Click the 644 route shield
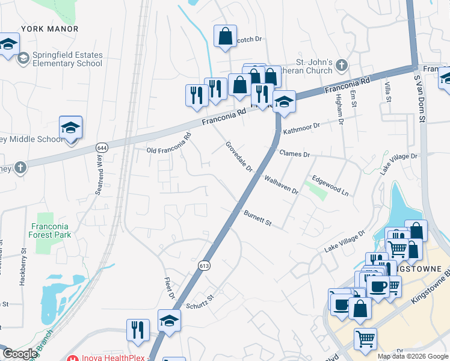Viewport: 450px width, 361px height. (x=101, y=147)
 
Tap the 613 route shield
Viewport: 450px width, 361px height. (x=204, y=265)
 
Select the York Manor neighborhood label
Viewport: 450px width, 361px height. (x=50, y=29)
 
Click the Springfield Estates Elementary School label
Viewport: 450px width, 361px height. (x=67, y=59)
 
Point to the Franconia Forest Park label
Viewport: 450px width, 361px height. (x=51, y=230)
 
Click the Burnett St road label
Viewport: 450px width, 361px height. (x=258, y=217)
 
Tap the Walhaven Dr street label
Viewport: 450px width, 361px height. (x=282, y=184)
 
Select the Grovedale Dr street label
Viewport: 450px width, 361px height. (x=239, y=156)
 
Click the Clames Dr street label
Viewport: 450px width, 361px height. (x=294, y=154)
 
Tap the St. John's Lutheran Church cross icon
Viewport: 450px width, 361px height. (x=342, y=64)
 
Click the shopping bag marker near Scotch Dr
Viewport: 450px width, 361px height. (x=224, y=36)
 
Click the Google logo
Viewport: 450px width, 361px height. (x=20, y=354)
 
